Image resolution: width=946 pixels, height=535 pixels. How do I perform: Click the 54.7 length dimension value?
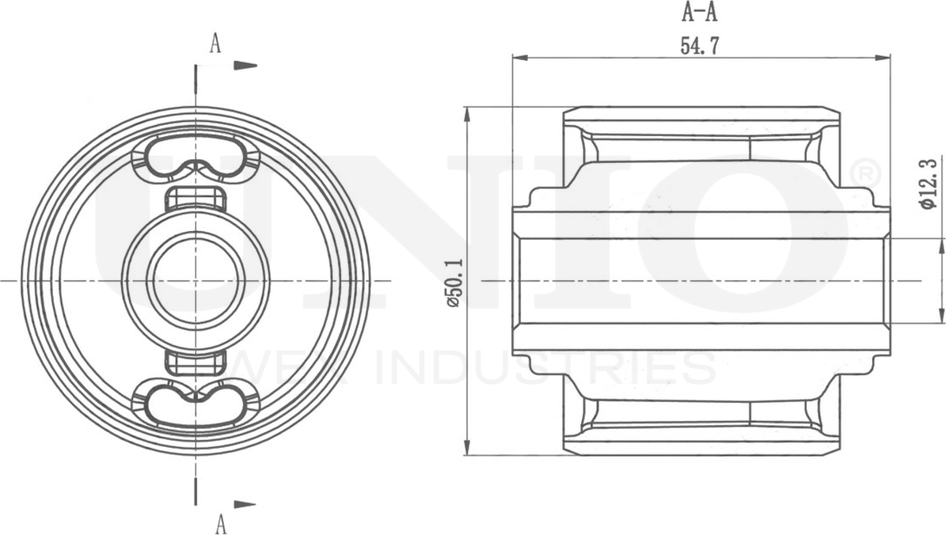(699, 46)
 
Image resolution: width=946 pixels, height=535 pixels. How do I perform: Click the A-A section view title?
(700, 13)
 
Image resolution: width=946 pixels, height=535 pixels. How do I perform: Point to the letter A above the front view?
(215, 44)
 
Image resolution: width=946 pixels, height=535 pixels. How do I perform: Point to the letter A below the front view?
(221, 523)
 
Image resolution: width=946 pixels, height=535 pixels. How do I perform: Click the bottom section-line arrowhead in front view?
(246, 504)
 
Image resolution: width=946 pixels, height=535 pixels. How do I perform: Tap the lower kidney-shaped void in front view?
(195, 404)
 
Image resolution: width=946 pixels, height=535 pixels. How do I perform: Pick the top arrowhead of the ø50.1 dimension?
(467, 115)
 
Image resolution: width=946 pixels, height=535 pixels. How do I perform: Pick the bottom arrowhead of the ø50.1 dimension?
(467, 446)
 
